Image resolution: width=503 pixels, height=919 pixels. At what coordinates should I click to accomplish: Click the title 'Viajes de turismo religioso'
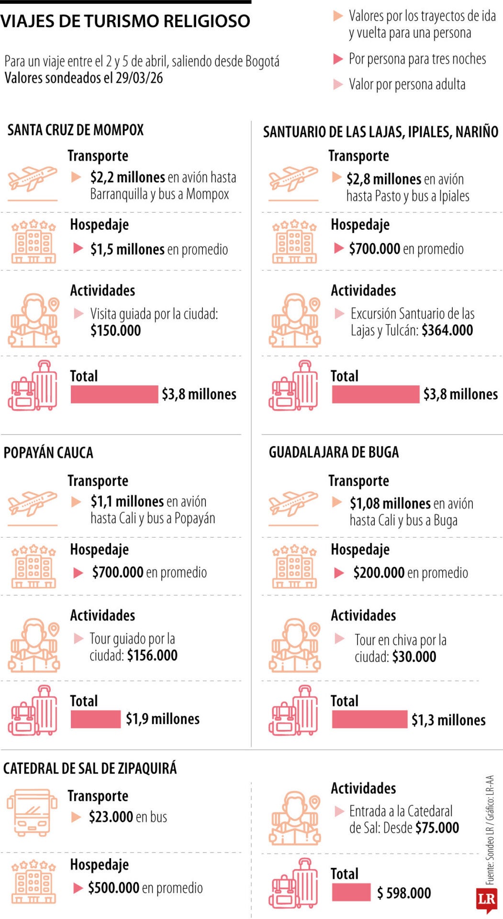125,21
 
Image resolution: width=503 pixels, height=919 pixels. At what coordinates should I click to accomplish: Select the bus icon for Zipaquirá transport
32,813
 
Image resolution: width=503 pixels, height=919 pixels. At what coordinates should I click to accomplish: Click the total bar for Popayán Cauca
95,719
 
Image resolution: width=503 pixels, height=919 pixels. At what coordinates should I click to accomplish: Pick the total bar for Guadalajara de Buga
369,719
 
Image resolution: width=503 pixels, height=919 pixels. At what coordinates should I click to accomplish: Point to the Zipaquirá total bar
351,892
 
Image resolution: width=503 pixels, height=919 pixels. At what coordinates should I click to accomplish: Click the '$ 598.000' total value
404,893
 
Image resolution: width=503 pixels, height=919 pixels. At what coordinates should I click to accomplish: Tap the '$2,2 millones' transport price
127,178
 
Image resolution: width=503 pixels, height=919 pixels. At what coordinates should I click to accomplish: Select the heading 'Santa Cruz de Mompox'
75,130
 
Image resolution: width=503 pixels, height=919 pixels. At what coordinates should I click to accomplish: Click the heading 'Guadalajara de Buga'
334,452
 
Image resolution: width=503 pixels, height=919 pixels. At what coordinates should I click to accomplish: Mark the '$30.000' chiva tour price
414,657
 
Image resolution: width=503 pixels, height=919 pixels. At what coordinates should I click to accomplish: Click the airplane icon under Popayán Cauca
33,504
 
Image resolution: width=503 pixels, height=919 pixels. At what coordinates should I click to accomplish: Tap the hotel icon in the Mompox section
34,242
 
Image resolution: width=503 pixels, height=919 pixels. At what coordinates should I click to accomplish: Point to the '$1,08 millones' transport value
390,504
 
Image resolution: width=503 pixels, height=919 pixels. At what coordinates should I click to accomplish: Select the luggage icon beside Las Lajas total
293,386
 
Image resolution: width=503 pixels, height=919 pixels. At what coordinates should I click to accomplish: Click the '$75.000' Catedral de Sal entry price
437,828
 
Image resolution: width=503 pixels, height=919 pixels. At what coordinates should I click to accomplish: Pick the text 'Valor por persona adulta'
407,85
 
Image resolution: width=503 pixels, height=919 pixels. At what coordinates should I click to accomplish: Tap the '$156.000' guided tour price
152,655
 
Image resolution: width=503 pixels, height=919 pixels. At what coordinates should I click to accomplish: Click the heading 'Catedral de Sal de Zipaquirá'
90,768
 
